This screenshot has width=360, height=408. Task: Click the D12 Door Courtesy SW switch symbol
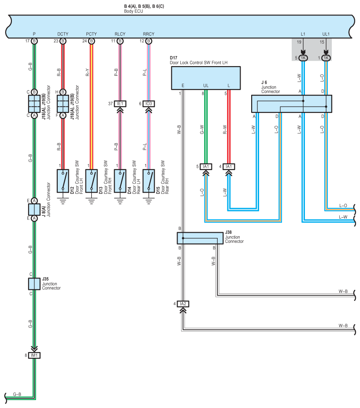63,181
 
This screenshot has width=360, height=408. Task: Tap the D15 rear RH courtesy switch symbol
148,181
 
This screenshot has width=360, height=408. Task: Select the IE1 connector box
120,104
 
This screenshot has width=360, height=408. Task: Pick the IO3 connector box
148,104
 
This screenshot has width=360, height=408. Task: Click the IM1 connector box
34,356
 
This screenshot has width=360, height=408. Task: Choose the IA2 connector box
183,304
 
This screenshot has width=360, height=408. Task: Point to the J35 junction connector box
34,284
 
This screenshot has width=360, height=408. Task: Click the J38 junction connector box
200,238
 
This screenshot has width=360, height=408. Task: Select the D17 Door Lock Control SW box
206,78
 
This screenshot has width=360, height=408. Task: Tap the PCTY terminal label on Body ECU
91,34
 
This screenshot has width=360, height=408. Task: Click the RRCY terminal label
148,34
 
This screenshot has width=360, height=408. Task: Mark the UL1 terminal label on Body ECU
326,34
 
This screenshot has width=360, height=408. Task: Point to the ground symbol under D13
91,201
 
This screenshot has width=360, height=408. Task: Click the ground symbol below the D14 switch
120,201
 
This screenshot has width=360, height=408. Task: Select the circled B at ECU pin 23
63,41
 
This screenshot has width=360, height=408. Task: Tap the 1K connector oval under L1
303,58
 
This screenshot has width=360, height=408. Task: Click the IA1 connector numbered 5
206,167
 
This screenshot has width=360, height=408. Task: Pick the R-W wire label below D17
225,130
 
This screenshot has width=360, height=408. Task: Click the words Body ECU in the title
134,11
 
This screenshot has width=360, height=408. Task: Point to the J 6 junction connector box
292,104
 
